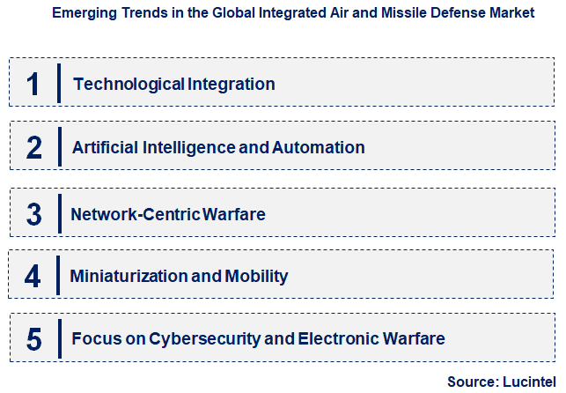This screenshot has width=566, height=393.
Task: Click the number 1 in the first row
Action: tap(33, 84)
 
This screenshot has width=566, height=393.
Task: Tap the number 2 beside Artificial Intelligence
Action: tap(34, 147)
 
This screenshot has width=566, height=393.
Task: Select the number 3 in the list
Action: tap(34, 214)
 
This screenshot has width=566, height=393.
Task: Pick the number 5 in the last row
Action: tap(34, 338)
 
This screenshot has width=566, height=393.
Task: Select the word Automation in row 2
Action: tap(318, 147)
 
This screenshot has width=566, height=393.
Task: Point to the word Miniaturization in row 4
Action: tap(129, 277)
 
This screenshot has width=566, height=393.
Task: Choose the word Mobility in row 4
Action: tap(257, 277)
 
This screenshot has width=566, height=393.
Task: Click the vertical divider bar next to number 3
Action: tap(58, 213)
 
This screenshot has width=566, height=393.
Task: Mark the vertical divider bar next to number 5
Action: tap(59, 338)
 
